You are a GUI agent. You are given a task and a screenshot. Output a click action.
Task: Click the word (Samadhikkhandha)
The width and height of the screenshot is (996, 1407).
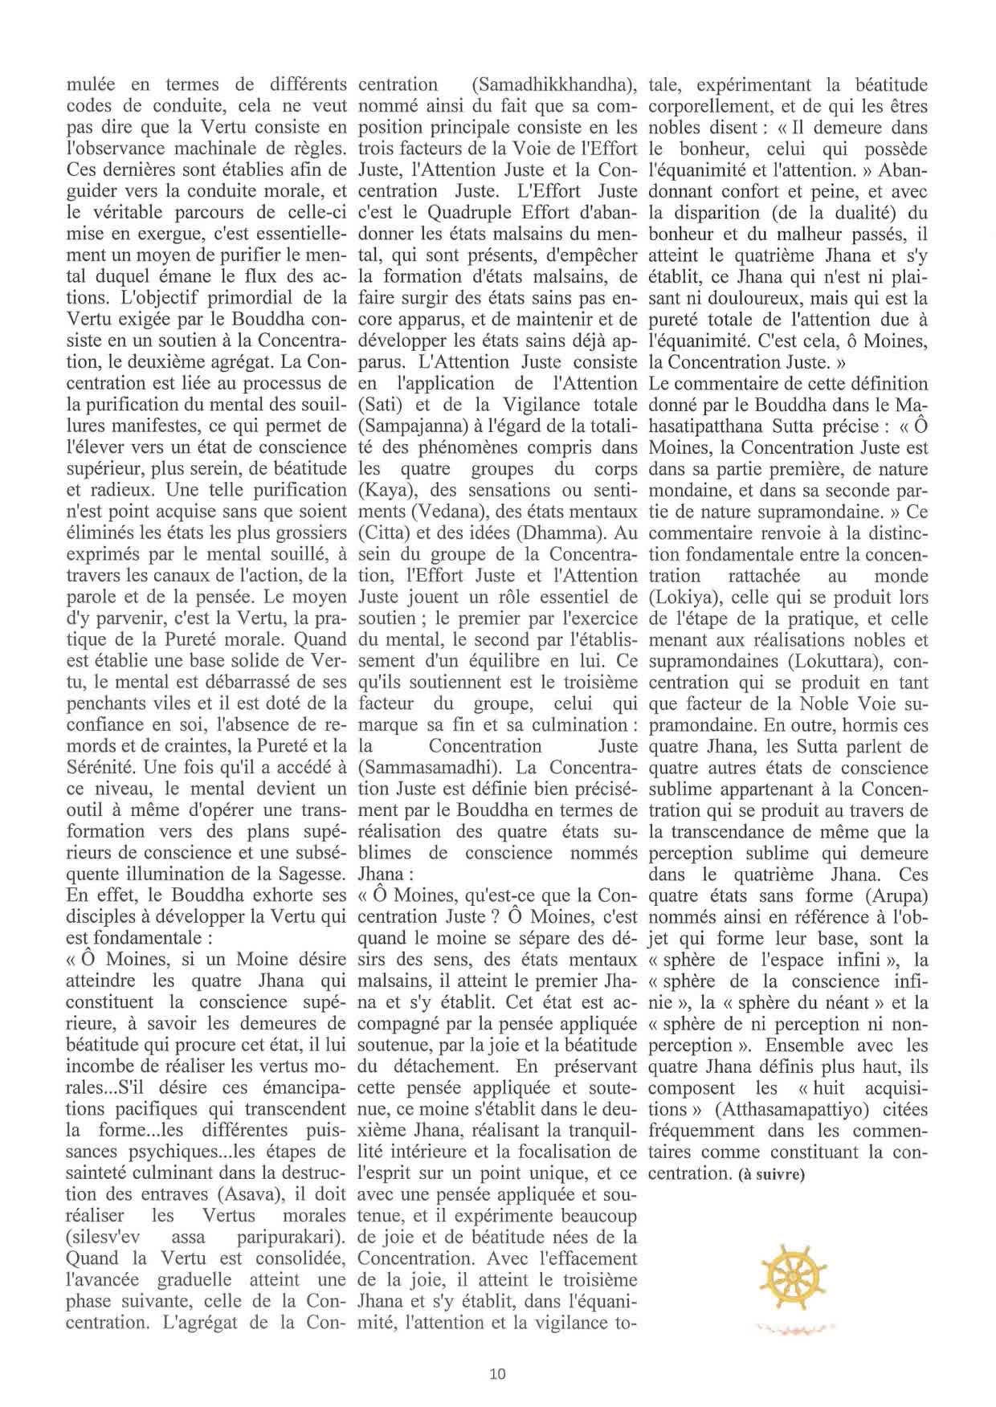pyautogui.click(x=553, y=84)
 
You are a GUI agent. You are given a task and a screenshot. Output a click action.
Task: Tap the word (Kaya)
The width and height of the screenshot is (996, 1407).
pyautogui.click(x=385, y=490)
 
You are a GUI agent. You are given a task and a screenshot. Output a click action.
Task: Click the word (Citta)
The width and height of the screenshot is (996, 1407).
pyautogui.click(x=383, y=532)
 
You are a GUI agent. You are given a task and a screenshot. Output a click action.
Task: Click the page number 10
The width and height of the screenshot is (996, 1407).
pyautogui.click(x=497, y=1373)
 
